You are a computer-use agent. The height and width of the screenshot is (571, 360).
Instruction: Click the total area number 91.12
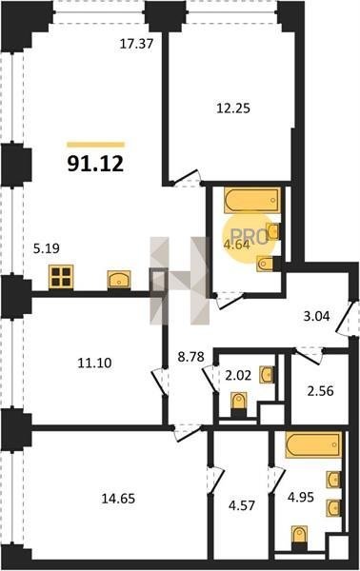point(95,164)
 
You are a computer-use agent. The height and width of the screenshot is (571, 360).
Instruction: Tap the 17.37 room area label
point(136,44)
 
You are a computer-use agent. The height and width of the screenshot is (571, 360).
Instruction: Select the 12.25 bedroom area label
point(233,108)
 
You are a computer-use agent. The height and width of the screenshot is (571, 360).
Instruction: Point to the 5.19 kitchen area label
point(47,248)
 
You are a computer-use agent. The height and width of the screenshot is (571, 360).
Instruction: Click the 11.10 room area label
point(94,363)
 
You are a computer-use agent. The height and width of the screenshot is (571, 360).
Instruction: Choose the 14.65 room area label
point(118,498)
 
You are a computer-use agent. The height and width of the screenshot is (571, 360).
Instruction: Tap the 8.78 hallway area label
point(190,357)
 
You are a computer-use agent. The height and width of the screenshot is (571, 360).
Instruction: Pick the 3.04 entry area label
point(316,316)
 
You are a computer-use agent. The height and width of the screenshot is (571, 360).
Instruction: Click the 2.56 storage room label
point(321,391)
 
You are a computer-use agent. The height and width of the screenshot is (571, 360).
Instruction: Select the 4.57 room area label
point(242,505)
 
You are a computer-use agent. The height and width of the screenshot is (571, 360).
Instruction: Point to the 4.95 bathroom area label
point(301,497)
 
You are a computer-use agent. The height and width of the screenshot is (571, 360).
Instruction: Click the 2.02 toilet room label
point(238,375)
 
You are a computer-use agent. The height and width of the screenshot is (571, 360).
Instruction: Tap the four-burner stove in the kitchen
point(61,277)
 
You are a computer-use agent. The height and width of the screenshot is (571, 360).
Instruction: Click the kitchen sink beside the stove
point(119,280)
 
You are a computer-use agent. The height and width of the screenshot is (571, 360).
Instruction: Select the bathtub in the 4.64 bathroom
point(252,200)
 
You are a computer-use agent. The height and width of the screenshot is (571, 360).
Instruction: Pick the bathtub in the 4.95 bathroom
point(313,444)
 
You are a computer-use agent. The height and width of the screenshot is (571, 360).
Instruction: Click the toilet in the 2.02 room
point(239,404)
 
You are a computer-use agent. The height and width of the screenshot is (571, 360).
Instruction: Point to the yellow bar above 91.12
point(95,145)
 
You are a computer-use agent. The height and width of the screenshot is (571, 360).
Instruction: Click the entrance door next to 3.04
point(345,318)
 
